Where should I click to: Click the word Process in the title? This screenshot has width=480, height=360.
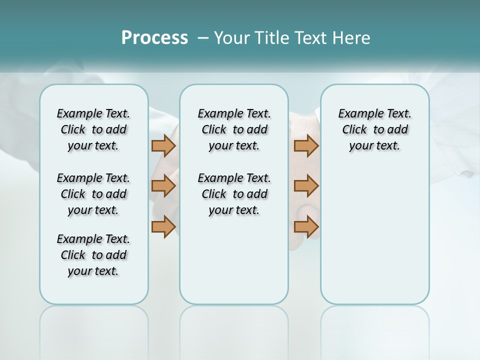click(x=154, y=38)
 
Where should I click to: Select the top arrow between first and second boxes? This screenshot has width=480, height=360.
click(x=163, y=146)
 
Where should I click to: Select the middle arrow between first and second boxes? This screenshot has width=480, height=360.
click(x=163, y=186)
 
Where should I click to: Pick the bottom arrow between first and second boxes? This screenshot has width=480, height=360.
click(x=163, y=226)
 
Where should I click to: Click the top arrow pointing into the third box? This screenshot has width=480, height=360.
click(x=306, y=146)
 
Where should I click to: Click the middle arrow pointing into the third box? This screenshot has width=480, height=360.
click(x=306, y=186)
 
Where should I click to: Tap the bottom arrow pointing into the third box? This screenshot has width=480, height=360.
click(x=306, y=226)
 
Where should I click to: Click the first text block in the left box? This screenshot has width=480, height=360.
click(x=93, y=129)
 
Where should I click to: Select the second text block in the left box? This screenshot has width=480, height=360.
click(x=93, y=194)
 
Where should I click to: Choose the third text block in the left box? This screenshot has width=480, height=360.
click(x=93, y=255)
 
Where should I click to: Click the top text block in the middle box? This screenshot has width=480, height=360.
click(x=234, y=129)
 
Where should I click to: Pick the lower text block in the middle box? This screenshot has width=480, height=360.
click(x=234, y=194)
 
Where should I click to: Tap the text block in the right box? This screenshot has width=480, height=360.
click(x=374, y=129)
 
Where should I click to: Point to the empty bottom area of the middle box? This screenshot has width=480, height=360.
click(x=234, y=260)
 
